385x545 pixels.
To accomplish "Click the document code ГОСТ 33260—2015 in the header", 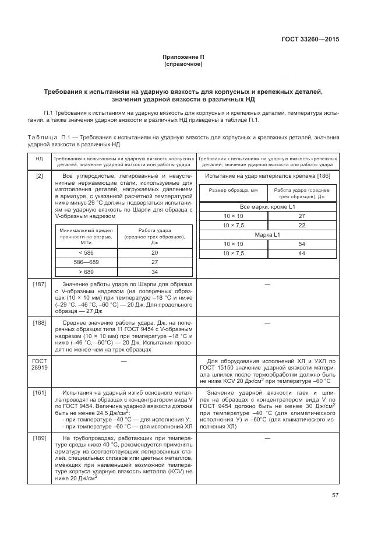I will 310,40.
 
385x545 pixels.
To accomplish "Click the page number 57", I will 335,495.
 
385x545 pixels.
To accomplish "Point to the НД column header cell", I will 39,161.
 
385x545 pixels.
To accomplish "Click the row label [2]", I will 39,176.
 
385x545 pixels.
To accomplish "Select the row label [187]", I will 39,284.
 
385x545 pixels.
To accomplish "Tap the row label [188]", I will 39,322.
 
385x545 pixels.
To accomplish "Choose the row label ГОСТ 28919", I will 39,365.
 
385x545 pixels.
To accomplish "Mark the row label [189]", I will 39,438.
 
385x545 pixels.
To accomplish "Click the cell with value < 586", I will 85,252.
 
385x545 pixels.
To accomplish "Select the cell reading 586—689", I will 85,262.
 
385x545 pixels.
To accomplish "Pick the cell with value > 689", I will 85,272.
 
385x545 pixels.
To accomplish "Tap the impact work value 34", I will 154,272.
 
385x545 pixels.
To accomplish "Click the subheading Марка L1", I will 268,234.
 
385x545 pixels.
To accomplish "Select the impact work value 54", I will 302,244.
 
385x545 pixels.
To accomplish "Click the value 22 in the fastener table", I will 302,225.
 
